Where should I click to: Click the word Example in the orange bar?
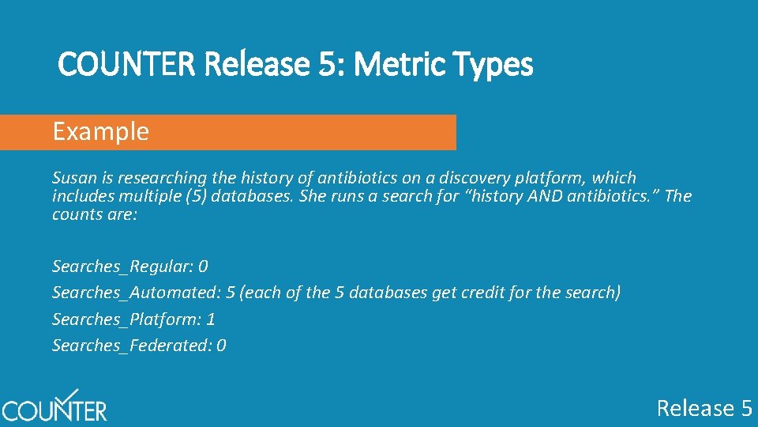(100, 131)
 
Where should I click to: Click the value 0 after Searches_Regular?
(203, 266)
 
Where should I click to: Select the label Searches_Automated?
(133, 293)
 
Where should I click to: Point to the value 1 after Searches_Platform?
(211, 319)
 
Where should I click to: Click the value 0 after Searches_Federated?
(221, 346)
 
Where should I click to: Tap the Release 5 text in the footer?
(704, 408)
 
